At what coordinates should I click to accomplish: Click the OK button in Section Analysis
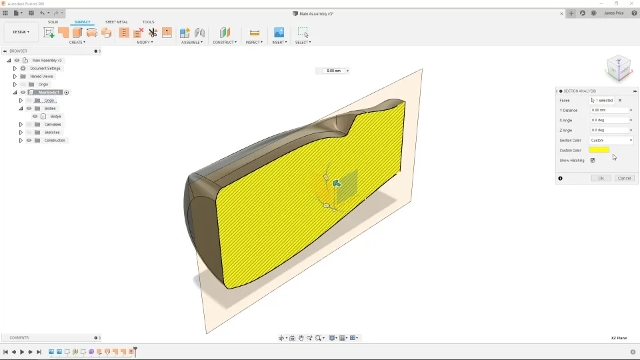click(601, 178)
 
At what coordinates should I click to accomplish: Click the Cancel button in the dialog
click(624, 178)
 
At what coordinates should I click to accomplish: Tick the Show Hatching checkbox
click(593, 160)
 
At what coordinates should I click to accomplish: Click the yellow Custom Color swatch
click(599, 150)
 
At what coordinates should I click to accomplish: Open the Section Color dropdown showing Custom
click(611, 140)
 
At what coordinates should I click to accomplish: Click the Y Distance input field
click(609, 110)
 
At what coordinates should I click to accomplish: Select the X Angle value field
click(609, 120)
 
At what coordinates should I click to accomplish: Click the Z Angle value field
click(609, 130)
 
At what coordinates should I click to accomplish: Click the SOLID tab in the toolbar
click(53, 22)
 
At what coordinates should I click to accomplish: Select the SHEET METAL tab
click(117, 22)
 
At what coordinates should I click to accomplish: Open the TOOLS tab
click(148, 22)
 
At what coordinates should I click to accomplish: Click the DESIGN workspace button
click(21, 32)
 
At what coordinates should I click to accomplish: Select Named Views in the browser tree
click(41, 76)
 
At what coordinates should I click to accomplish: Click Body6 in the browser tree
click(55, 116)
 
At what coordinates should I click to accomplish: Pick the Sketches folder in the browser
click(51, 132)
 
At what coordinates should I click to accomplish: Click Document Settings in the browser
click(45, 68)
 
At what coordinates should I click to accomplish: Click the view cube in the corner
click(618, 67)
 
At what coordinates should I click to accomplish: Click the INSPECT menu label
click(253, 42)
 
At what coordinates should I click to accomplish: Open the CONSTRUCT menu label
click(224, 42)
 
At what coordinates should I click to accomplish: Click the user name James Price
click(613, 13)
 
